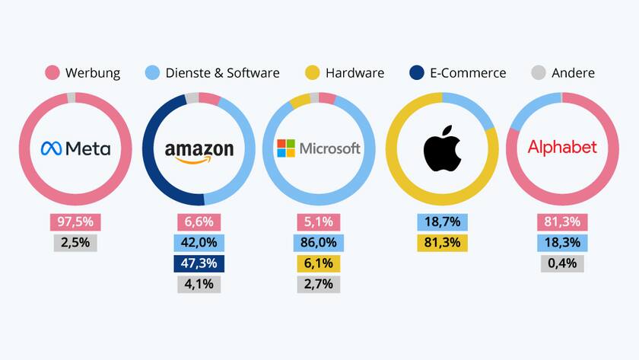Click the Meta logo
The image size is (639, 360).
(75, 148)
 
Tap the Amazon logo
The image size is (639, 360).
(199, 150)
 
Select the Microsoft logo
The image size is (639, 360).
(319, 148)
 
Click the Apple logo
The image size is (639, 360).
(442, 148)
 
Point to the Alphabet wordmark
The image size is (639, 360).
(562, 147)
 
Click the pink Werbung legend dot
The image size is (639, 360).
(52, 73)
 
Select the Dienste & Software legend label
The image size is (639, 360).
(223, 73)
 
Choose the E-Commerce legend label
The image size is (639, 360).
(469, 73)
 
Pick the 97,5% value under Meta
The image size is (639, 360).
(76, 222)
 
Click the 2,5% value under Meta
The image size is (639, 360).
(76, 243)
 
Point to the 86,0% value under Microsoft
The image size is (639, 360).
(319, 243)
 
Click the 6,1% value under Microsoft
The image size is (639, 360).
(319, 263)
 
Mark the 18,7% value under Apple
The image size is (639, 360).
(442, 222)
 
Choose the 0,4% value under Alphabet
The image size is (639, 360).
(563, 263)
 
